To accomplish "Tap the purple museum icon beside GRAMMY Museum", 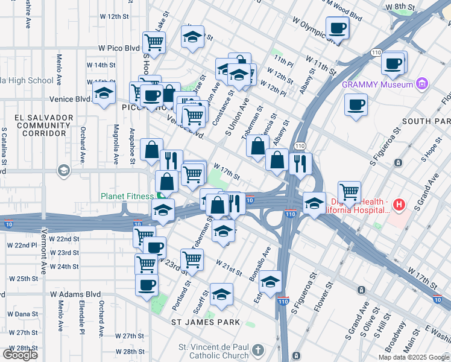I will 422,83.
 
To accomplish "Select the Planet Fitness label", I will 128,196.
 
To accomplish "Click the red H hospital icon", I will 399,206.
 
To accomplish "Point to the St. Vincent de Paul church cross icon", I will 258,350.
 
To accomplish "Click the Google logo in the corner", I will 20,355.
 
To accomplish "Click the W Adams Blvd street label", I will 75,294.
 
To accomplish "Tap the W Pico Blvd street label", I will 119,48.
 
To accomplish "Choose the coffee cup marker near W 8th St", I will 337,27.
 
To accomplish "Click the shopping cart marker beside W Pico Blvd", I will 154,42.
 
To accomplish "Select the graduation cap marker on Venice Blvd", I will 104,94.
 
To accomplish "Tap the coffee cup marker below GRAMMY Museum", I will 356,105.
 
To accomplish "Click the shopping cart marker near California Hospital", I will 349,192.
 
